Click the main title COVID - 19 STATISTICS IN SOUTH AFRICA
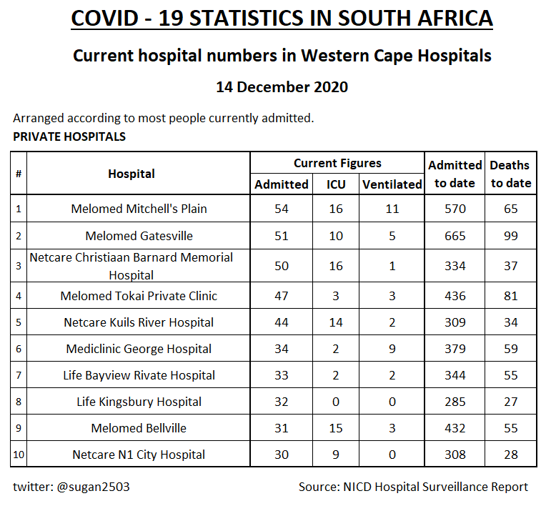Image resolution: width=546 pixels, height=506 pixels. pyautogui.click(x=282, y=18)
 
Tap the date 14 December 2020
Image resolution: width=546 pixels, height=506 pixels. pyautogui.click(x=282, y=87)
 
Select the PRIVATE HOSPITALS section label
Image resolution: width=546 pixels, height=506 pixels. pyautogui.click(x=69, y=137)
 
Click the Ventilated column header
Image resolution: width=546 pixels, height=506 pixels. pyautogui.click(x=392, y=184)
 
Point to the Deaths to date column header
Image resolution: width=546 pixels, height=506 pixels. pyautogui.click(x=510, y=174)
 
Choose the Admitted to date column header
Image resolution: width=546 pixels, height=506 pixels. pyautogui.click(x=455, y=174)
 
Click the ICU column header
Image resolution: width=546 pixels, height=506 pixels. pyautogui.click(x=336, y=184)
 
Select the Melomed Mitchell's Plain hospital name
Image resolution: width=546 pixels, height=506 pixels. pyautogui.click(x=139, y=209)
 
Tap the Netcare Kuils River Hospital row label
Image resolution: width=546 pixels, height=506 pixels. pyautogui.click(x=139, y=322)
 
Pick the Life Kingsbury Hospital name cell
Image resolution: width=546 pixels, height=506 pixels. pyautogui.click(x=139, y=402)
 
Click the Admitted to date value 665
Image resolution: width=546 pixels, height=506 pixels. pyautogui.click(x=455, y=236)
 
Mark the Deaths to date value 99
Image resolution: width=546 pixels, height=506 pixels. pyautogui.click(x=510, y=236)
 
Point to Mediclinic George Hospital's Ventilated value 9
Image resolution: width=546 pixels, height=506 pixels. pyautogui.click(x=392, y=349)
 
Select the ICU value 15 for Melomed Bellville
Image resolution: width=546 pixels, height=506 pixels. pyautogui.click(x=336, y=428)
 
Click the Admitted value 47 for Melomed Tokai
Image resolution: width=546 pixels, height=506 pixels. pyautogui.click(x=282, y=296)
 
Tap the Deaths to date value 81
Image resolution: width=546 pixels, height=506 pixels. pyautogui.click(x=510, y=296)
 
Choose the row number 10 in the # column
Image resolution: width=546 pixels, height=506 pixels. pyautogui.click(x=19, y=455)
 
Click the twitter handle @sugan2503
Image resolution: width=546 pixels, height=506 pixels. pyautogui.click(x=71, y=487)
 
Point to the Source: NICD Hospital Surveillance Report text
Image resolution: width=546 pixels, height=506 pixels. pyautogui.click(x=413, y=487)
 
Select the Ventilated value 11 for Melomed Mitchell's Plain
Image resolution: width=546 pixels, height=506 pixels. pyautogui.click(x=392, y=209)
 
